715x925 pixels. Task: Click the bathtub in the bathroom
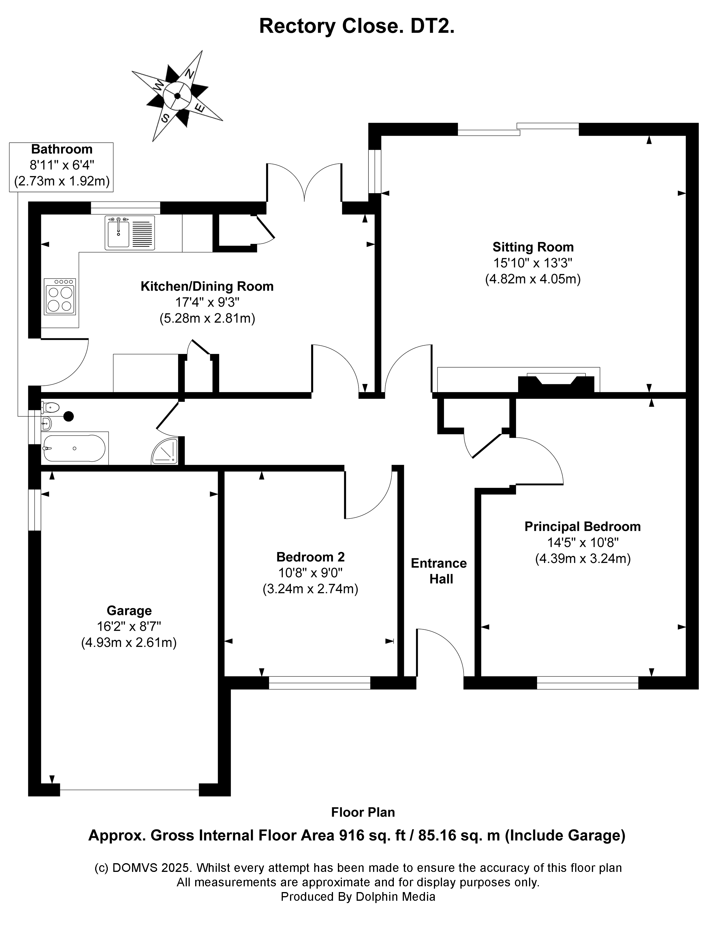click(74, 448)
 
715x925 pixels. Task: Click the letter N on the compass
click(190, 74)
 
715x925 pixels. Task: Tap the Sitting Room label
click(533, 247)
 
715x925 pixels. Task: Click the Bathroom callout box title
click(62, 149)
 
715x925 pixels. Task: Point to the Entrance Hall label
click(439, 571)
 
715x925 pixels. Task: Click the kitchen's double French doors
click(304, 182)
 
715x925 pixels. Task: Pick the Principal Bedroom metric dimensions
click(583, 559)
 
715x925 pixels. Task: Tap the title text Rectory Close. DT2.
click(357, 26)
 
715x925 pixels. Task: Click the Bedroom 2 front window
click(319, 683)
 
